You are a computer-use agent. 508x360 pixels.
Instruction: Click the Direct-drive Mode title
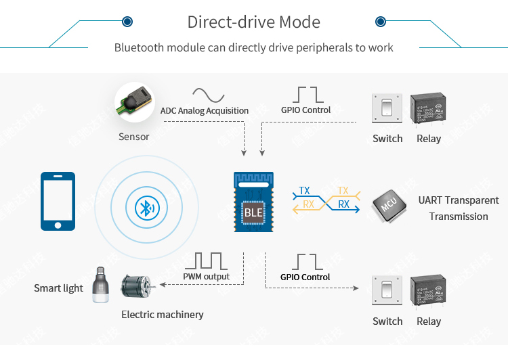pos(253,22)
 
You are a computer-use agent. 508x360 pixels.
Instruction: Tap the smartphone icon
pos(58,201)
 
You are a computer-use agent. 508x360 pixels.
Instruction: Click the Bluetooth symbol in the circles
pos(144,208)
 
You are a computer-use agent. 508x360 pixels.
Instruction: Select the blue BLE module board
pos(253,202)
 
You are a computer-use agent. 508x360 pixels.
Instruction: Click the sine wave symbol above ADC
pos(208,94)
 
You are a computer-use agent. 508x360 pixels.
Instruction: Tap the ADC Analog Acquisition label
pos(205,110)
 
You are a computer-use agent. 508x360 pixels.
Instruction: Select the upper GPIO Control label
pos(305,110)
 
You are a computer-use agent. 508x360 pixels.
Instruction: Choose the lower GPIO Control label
pos(305,277)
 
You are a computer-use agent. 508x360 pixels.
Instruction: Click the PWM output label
pos(206,276)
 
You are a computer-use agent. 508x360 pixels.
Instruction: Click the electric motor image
pos(137,287)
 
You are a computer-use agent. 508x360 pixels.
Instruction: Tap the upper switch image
pos(387,109)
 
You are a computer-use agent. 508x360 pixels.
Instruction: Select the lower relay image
pos(427,292)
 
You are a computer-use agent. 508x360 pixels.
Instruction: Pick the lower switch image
pos(387,292)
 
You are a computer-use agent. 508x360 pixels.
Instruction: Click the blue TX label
pos(305,191)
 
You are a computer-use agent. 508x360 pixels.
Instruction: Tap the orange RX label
pos(308,204)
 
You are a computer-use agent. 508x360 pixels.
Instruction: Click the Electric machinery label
pos(162,314)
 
